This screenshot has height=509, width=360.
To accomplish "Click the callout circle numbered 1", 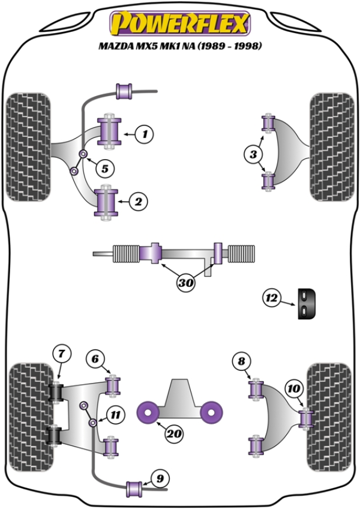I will (144, 134).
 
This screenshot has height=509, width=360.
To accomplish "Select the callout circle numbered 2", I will (139, 202).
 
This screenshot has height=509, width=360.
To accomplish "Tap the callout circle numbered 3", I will (254, 155).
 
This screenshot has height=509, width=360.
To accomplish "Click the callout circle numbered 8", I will (241, 361).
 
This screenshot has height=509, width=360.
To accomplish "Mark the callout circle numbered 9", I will (160, 478).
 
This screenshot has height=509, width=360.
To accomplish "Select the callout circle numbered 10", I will (294, 390).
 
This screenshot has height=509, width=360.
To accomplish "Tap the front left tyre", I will (28, 140).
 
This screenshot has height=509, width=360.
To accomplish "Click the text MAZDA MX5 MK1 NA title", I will (180, 46).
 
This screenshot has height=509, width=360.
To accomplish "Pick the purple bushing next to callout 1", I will (112, 131).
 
